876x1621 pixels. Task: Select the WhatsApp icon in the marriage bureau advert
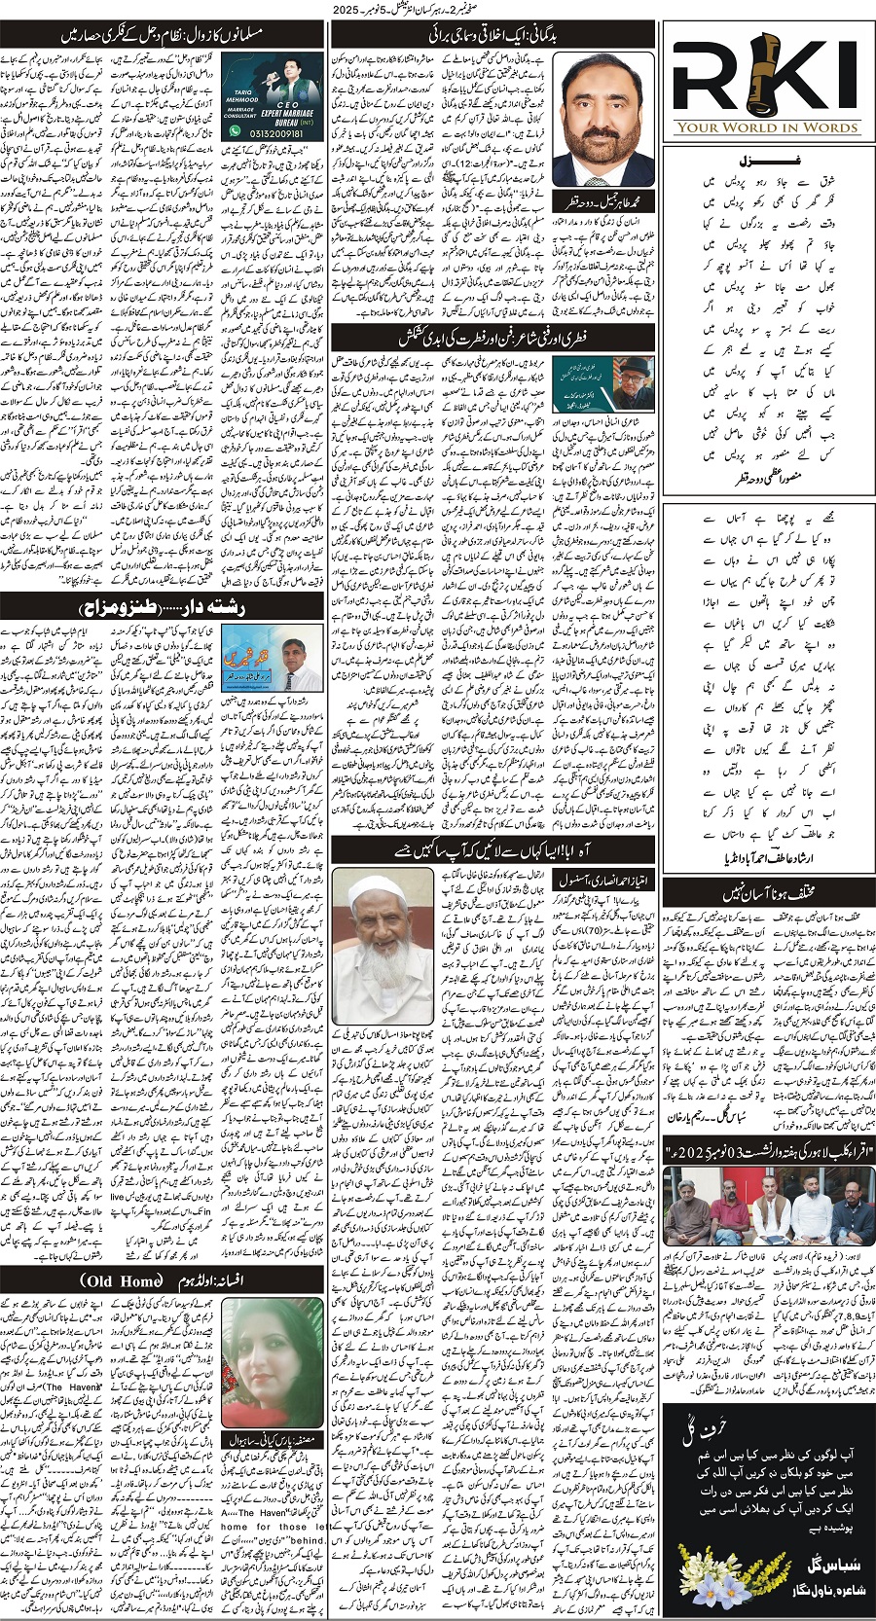[x=231, y=134]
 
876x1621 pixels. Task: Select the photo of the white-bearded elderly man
[x=383, y=945]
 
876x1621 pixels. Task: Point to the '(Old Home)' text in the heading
[x=121, y=1280]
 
